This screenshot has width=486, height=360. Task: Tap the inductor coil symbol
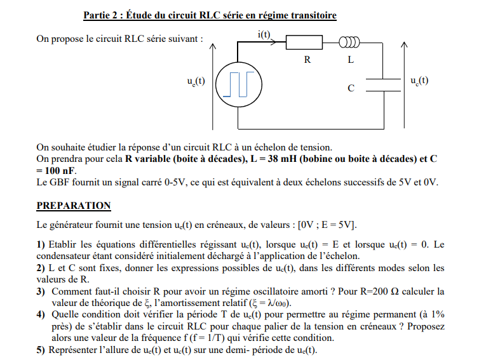coord(349,43)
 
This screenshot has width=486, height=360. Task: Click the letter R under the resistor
coord(307,60)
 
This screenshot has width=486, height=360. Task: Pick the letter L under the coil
coord(350,60)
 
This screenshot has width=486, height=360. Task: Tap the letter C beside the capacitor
coord(351,88)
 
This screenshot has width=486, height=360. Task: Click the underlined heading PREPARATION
coord(74,206)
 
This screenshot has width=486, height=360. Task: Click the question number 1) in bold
coord(41,244)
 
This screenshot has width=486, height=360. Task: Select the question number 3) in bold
coord(41,291)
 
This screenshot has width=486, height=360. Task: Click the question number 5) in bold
coord(41,350)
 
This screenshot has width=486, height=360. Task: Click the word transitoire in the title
coord(312,15)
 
